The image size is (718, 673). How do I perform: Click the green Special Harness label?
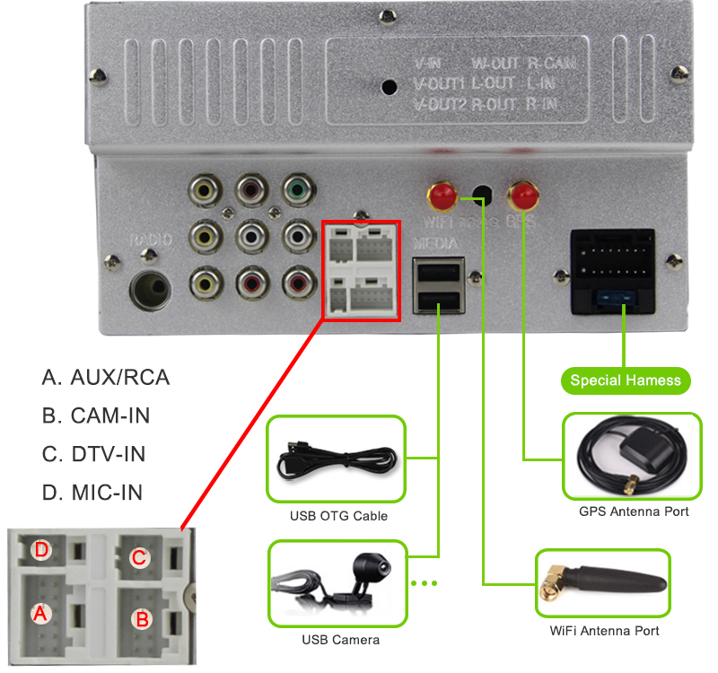[626, 380]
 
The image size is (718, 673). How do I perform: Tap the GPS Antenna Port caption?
[634, 511]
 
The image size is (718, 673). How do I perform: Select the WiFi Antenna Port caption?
[604, 631]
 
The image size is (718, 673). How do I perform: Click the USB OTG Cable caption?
[338, 516]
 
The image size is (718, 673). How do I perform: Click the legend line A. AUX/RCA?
[106, 377]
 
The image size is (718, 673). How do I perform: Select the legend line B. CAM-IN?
[96, 415]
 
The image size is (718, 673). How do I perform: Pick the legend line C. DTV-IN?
[94, 454]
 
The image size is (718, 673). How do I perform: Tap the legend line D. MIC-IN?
[92, 493]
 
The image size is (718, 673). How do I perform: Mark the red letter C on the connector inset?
[139, 557]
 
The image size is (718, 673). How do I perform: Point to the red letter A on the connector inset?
[39, 614]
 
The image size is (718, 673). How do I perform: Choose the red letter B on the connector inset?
[140, 618]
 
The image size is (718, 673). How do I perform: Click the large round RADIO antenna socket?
[151, 290]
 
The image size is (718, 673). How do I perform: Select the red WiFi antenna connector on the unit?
[442, 194]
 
